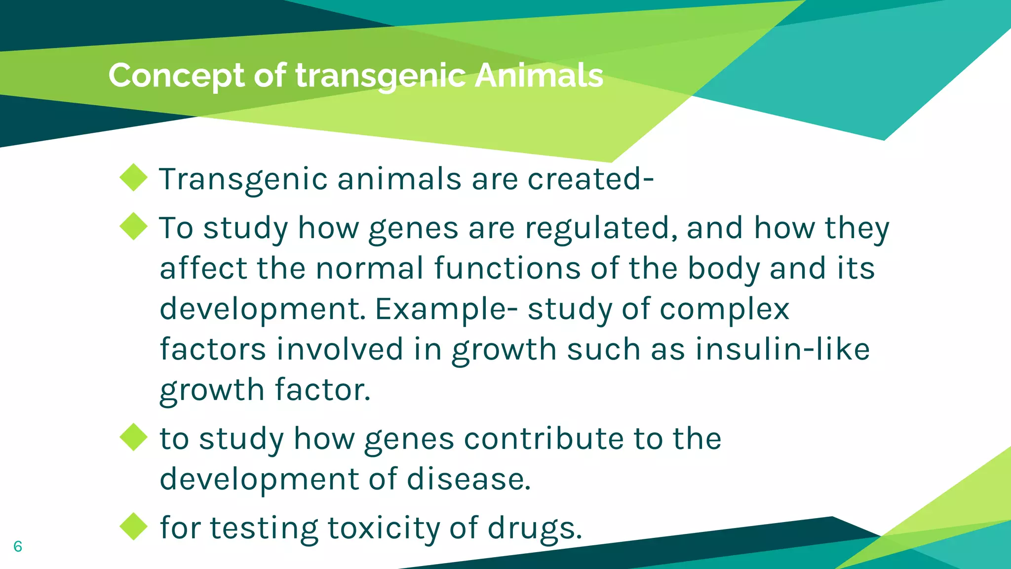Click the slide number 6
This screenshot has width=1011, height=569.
(18, 546)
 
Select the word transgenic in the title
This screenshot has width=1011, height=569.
(380, 77)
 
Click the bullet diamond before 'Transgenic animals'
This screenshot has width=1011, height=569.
(134, 177)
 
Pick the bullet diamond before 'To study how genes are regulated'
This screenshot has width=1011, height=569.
(134, 227)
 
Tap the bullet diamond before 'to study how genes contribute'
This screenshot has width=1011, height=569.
(134, 437)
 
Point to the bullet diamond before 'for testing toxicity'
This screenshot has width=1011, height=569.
(134, 527)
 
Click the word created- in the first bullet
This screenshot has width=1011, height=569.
(590, 178)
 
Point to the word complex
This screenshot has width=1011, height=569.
(724, 310)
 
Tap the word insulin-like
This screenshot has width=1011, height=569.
(782, 349)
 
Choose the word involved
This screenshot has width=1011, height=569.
(340, 349)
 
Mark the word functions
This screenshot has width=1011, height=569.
(507, 268)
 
